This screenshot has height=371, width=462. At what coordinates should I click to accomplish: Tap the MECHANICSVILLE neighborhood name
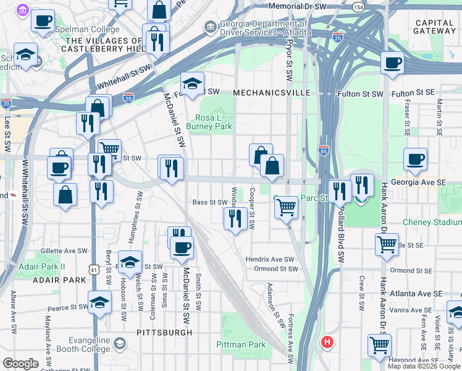pos(271,93)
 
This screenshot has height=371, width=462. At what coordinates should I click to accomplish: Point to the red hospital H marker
pos(327,341)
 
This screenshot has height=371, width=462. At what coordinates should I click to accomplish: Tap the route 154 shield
pos(358,6)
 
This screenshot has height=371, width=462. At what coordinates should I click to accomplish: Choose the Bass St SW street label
pos(210,202)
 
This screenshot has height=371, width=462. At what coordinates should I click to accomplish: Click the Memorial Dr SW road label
pos(298,6)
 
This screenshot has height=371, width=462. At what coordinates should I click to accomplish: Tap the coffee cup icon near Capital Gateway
pos(392,62)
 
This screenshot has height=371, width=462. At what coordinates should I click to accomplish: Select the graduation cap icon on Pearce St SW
pos(99,302)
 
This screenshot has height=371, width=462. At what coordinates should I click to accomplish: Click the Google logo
pos(20,364)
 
